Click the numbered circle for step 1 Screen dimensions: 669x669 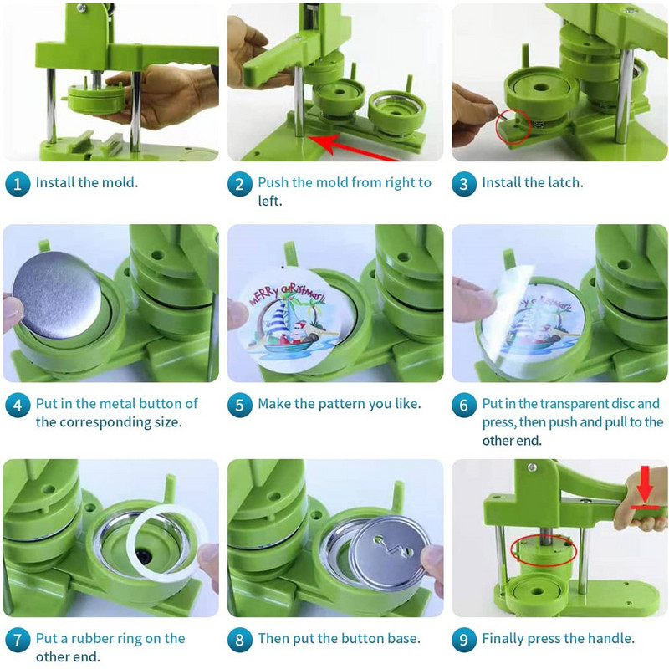(x=18, y=184)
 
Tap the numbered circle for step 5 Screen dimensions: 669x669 (x=239, y=405)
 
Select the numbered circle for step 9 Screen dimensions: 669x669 (x=464, y=640)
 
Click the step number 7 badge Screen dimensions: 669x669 (x=18, y=640)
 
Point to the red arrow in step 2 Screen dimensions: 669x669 (x=354, y=148)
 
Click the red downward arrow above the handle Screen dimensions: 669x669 (x=645, y=484)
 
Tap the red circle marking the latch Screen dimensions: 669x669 (x=513, y=127)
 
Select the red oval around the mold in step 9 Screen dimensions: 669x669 (x=544, y=550)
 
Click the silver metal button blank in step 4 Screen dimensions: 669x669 (x=56, y=294)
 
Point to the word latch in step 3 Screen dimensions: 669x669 (x=563, y=182)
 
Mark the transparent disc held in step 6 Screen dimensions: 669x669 (x=525, y=316)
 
